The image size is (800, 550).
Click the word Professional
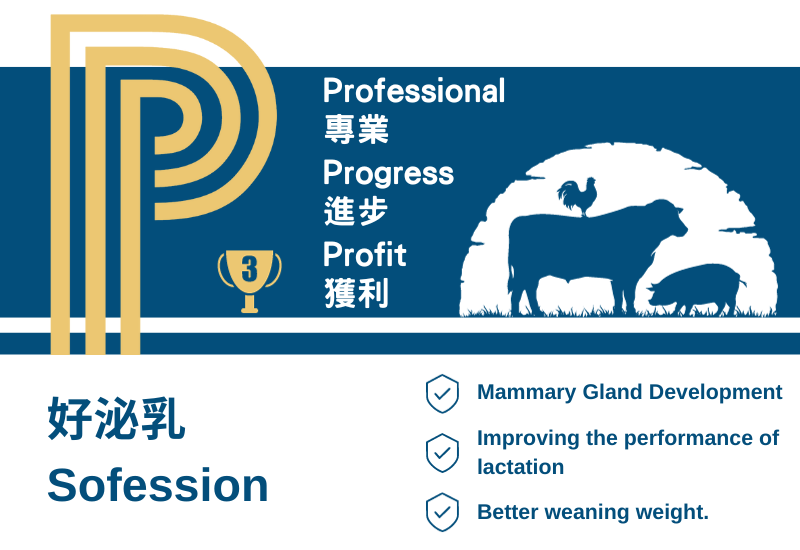click(414, 91)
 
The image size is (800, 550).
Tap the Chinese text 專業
click(357, 129)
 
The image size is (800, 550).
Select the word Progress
click(388, 173)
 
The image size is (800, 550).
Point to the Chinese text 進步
click(356, 211)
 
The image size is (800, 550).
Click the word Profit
click(365, 254)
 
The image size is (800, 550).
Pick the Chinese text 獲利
click(357, 293)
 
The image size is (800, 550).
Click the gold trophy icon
click(249, 281)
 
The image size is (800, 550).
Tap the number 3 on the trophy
click(249, 269)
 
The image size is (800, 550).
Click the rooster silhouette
click(578, 196)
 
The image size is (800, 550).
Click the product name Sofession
click(158, 485)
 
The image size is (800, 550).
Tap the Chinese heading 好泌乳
click(116, 418)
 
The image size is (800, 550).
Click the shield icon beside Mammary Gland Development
click(442, 393)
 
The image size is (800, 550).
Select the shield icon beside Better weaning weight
click(442, 512)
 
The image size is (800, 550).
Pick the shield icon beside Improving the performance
click(442, 453)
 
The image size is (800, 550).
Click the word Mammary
click(527, 393)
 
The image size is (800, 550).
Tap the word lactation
click(520, 467)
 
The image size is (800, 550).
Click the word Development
click(715, 393)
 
